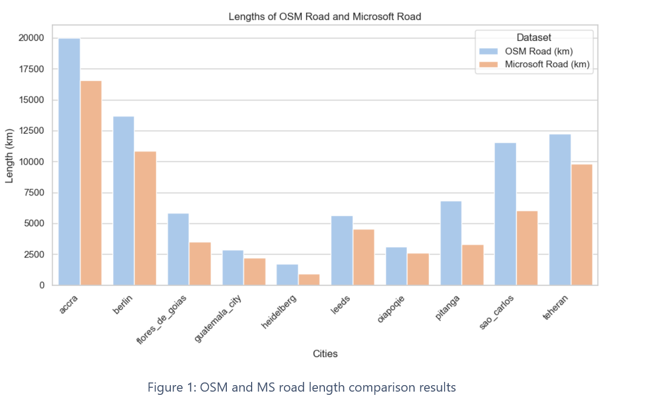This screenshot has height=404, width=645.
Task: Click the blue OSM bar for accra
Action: (x=69, y=162)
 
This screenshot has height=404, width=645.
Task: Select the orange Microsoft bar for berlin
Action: (x=145, y=218)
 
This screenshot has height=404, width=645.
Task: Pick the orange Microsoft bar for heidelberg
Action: (x=309, y=280)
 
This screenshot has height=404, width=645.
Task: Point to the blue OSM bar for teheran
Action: (x=560, y=210)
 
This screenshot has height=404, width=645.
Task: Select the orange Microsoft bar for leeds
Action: (x=363, y=257)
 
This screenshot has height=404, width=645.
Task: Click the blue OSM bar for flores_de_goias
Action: (x=178, y=249)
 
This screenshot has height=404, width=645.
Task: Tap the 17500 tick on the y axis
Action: (x=32, y=69)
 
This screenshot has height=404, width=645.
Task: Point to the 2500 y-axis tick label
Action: (x=34, y=254)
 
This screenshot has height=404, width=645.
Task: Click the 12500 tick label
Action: (x=32, y=131)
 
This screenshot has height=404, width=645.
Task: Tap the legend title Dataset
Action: (x=533, y=38)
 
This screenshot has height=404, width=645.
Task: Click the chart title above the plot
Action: (x=324, y=17)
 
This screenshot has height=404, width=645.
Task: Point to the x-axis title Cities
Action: (x=325, y=354)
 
